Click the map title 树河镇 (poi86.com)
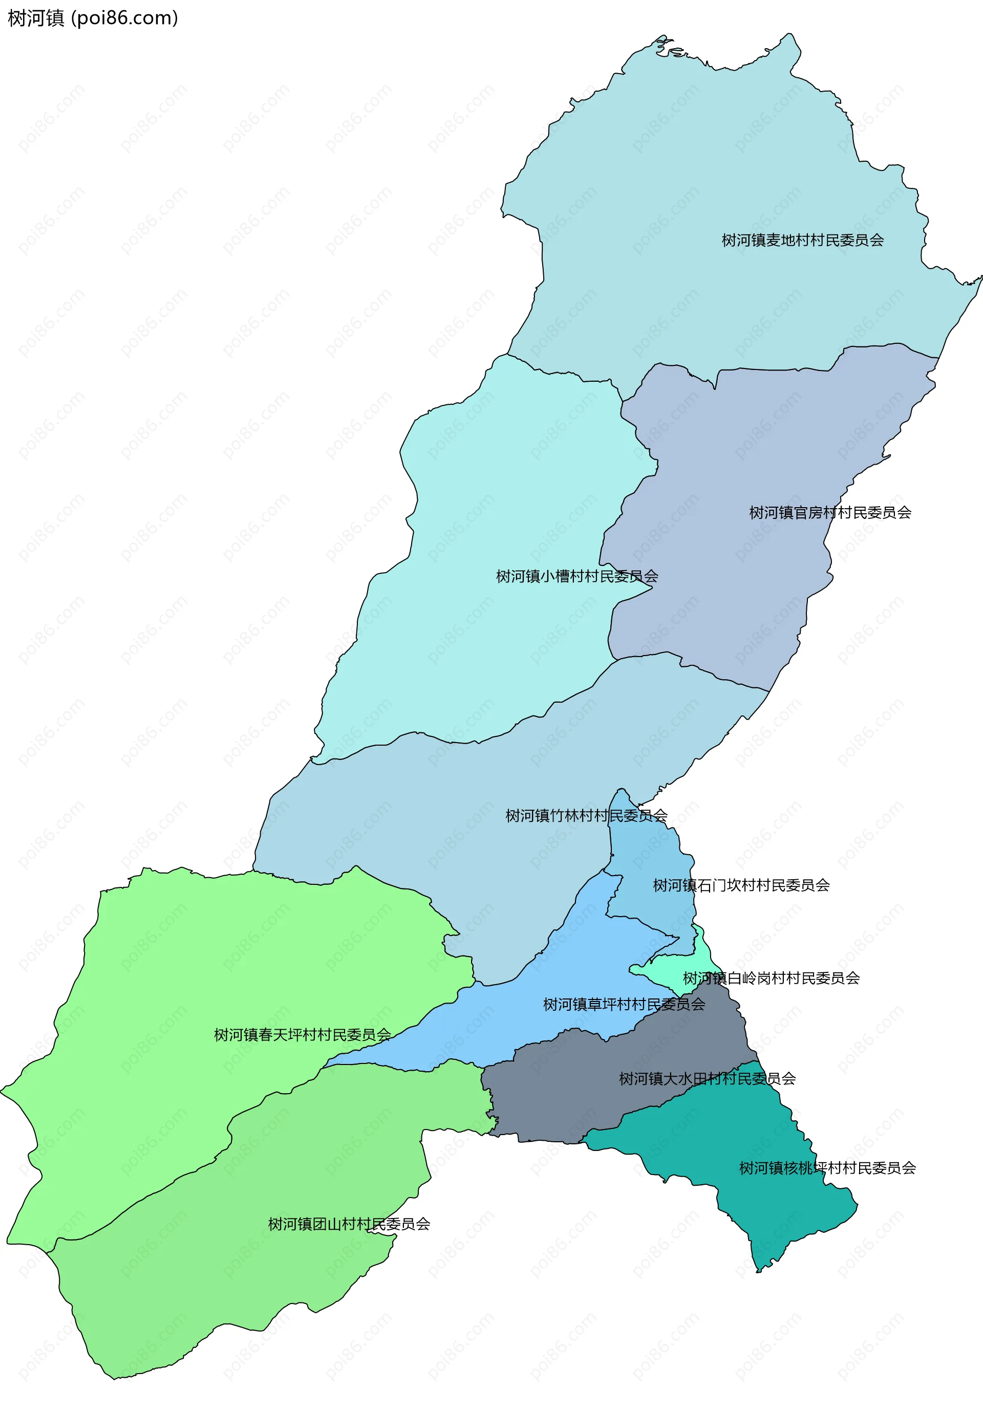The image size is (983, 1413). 92,18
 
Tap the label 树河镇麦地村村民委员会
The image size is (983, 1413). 802,241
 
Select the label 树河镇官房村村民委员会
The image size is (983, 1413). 830,513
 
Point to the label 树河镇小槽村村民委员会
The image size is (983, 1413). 577,577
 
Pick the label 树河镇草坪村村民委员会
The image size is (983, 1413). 624,1005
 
